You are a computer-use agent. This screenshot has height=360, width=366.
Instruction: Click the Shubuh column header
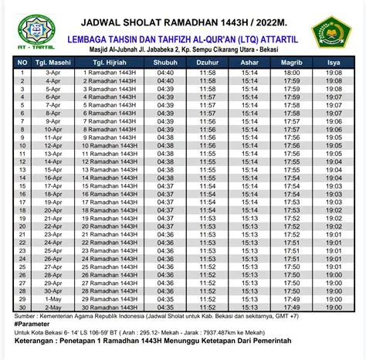tap(165, 63)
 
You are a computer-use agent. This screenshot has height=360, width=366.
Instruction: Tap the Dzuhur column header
tap(207, 63)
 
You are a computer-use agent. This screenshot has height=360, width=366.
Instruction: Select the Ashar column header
tap(249, 63)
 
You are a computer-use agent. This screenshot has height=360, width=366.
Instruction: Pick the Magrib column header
tap(291, 63)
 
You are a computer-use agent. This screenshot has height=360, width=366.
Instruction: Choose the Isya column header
tap(334, 63)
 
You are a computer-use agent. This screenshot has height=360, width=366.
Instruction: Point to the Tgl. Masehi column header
tap(53, 63)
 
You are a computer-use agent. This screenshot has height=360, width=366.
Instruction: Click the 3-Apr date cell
tap(53, 72)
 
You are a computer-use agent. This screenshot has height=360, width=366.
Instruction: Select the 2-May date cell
tap(53, 307)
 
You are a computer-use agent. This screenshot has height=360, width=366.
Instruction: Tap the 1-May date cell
tap(53, 298)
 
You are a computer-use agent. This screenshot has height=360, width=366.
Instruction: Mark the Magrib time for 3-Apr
tap(291, 72)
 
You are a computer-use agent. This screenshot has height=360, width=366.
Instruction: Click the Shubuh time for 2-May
tap(165, 307)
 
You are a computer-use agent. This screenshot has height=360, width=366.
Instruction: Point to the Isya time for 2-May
tap(334, 307)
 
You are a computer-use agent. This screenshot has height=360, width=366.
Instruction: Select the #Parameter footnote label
tap(30, 324)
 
